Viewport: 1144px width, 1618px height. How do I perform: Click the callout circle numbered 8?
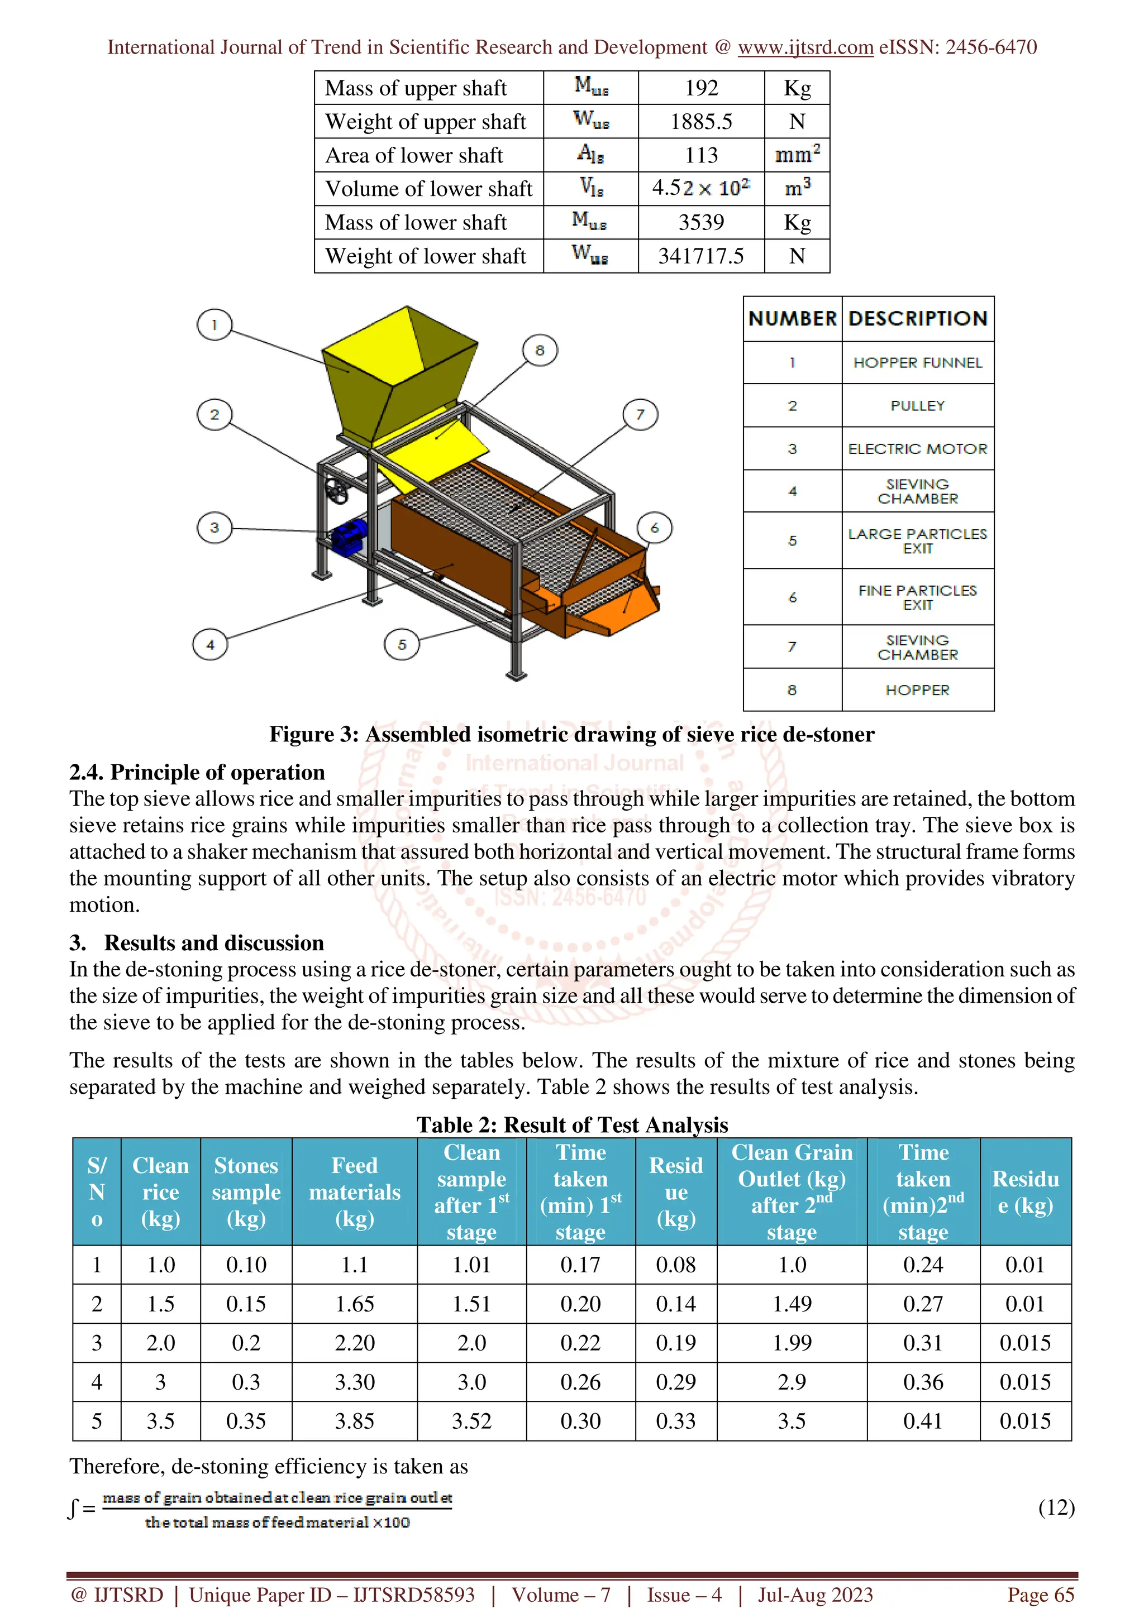point(540,350)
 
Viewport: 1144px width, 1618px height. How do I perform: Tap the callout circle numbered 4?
point(210,644)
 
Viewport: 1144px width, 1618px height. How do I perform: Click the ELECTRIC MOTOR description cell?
point(917,449)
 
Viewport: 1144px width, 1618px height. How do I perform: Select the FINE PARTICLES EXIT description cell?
point(917,597)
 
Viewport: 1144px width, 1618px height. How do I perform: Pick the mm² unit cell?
point(797,155)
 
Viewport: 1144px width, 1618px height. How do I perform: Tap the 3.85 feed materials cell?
point(355,1421)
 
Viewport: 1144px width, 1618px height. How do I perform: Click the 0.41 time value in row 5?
point(923,1421)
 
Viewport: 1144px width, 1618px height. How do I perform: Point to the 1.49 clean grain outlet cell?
point(792,1304)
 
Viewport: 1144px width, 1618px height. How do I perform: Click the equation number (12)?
point(1056,1507)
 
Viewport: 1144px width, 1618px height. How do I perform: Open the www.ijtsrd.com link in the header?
point(805,47)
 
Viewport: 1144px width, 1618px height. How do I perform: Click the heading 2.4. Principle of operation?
point(197,772)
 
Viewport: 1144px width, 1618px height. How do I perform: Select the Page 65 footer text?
point(1041,1595)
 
